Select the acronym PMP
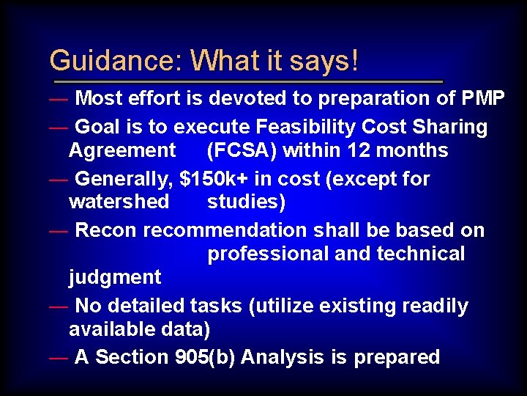[483, 98]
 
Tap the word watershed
[119, 202]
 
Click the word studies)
[247, 202]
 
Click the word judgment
[115, 277]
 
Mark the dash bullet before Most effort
[59, 99]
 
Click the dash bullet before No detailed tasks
[59, 307]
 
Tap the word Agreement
[122, 151]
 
